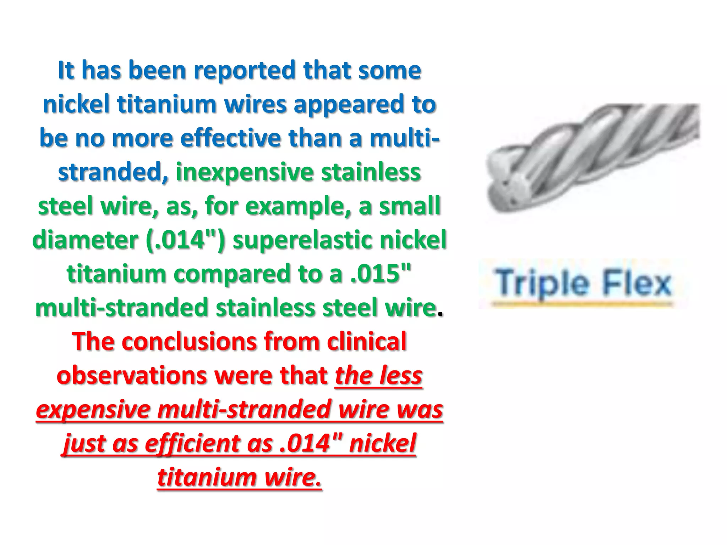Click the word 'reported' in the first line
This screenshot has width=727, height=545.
click(245, 71)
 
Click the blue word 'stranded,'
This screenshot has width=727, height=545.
click(113, 172)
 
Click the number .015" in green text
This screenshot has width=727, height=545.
click(381, 274)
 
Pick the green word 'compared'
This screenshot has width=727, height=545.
click(232, 274)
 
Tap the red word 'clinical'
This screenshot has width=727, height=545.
click(366, 341)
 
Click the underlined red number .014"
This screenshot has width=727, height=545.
click(311, 444)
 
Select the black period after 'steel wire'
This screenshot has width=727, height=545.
click(440, 314)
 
